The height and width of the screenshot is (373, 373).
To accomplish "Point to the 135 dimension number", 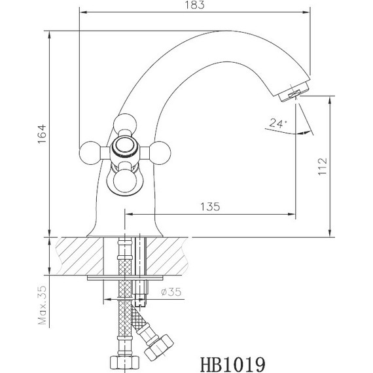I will tap(209, 206).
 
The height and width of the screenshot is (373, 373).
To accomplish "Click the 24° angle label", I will tap(276, 123).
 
